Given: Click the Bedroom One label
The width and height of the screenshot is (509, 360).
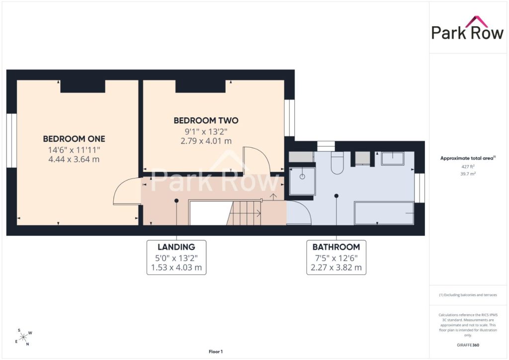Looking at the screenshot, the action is [x=74, y=139].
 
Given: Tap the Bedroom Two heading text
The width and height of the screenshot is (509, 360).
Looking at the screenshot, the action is [x=206, y=121].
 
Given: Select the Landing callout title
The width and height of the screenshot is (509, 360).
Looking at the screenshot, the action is [x=176, y=247].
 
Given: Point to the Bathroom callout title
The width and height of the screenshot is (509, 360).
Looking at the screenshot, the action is [x=337, y=247].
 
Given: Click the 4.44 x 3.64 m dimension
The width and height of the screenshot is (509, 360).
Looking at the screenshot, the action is [x=74, y=160].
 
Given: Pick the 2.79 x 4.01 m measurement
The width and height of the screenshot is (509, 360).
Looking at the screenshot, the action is [x=206, y=141].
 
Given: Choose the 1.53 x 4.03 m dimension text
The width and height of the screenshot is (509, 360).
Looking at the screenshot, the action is [x=176, y=268].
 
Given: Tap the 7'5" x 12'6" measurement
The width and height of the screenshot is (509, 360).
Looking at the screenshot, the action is [x=337, y=259].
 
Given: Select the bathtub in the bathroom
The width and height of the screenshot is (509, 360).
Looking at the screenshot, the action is [x=384, y=213].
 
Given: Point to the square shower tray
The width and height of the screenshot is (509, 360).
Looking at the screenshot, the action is [x=302, y=181].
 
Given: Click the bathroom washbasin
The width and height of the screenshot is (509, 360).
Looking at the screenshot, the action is [x=393, y=159].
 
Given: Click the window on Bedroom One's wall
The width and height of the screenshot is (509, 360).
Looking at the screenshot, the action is [x=12, y=141].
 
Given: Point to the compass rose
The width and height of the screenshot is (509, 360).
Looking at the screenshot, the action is [x=23, y=338].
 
